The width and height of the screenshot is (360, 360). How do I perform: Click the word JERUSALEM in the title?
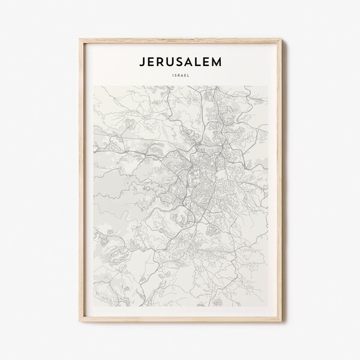tap(180, 62)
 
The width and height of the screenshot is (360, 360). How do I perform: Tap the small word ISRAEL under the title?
tap(180, 76)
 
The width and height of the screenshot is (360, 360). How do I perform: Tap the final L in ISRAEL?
tap(188, 76)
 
